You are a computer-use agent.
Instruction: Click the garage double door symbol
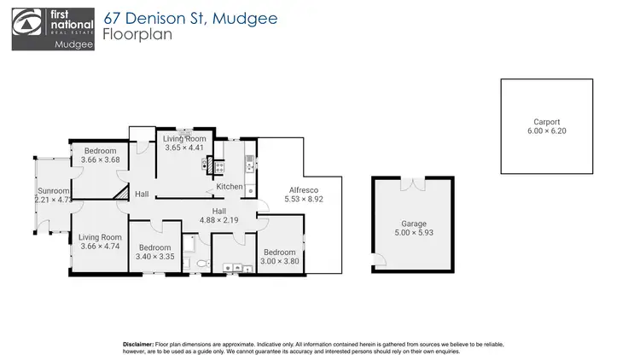coord(413,183)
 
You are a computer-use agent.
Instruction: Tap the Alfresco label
coord(302,189)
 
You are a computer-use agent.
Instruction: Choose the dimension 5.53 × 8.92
coord(303,200)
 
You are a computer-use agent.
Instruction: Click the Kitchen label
coord(229,187)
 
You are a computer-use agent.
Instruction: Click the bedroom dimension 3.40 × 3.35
coord(154,256)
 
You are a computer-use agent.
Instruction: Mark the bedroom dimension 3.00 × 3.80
coord(280,261)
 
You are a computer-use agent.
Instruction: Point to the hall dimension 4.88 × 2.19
coord(218,220)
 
